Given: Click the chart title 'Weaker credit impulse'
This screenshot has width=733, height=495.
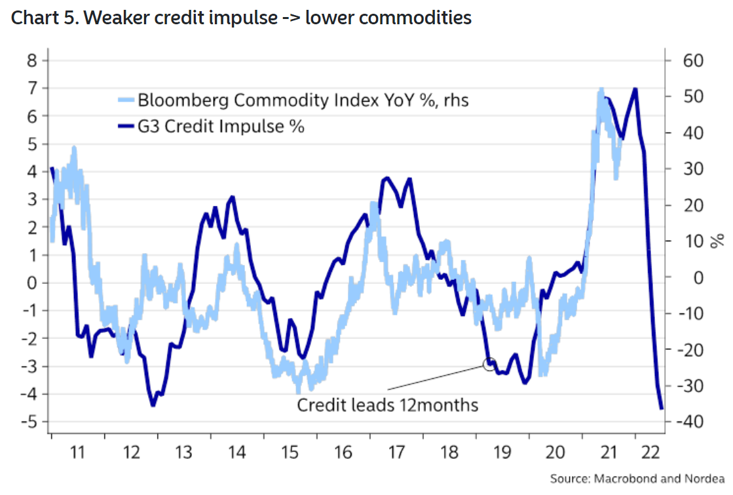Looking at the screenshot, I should [x=241, y=18].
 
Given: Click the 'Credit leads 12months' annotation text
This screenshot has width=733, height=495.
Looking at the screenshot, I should [x=388, y=405].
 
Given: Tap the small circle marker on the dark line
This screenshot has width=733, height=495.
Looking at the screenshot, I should [x=489, y=364].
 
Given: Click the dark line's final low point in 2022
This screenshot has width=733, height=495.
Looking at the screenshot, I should [x=662, y=408].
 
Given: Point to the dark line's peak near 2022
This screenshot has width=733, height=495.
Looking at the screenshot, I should [x=635, y=89].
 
